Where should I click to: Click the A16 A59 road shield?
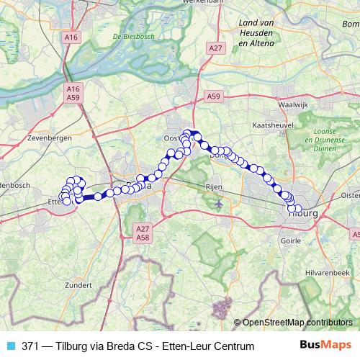[72, 93]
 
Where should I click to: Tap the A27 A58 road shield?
[142, 231]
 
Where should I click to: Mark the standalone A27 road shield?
[214, 48]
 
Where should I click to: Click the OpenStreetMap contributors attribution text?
[298, 323]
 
